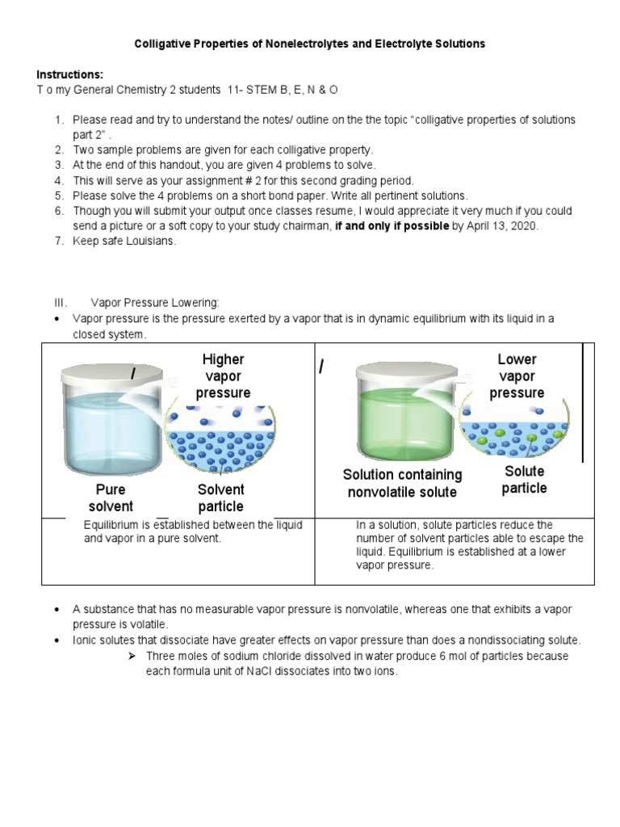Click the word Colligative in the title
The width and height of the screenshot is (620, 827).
pyautogui.click(x=162, y=44)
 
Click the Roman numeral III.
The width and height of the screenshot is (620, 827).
pyautogui.click(x=61, y=303)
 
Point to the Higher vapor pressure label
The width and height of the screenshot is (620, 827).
pyautogui.click(x=223, y=376)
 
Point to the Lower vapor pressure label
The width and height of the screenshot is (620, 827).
pyautogui.click(x=517, y=376)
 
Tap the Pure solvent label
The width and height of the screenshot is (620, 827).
pyautogui.click(x=111, y=498)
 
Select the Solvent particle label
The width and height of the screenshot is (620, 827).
pyautogui.click(x=220, y=498)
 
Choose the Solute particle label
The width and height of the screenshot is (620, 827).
pyautogui.click(x=524, y=480)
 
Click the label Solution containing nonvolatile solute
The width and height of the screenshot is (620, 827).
pyautogui.click(x=402, y=483)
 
